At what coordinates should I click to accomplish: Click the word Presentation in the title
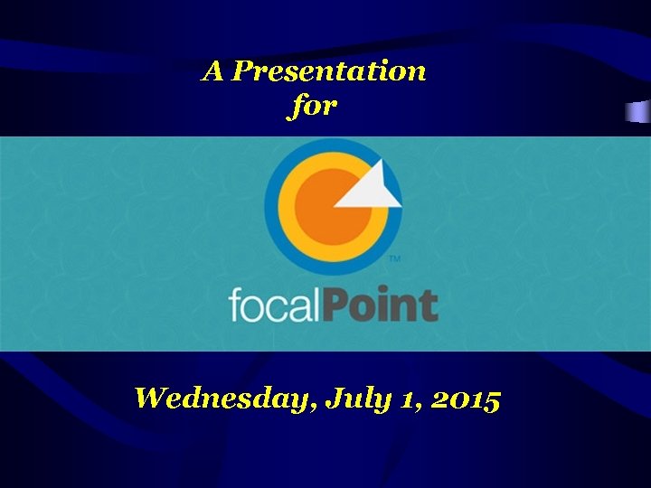[x=328, y=71]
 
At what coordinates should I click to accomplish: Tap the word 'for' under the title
[x=314, y=106]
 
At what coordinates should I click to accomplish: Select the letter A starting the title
[x=212, y=70]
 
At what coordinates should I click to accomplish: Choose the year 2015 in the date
[x=465, y=398]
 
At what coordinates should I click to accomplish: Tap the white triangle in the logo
[x=371, y=185]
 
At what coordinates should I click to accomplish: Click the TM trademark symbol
[x=394, y=259]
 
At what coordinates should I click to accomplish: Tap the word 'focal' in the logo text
[x=275, y=305]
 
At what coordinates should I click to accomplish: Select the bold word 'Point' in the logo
[x=381, y=305]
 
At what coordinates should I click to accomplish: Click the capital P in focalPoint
[x=338, y=305]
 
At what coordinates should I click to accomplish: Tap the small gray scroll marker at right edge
[x=638, y=112]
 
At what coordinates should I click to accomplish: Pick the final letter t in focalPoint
[x=430, y=305]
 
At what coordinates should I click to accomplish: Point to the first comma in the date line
[x=314, y=407]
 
